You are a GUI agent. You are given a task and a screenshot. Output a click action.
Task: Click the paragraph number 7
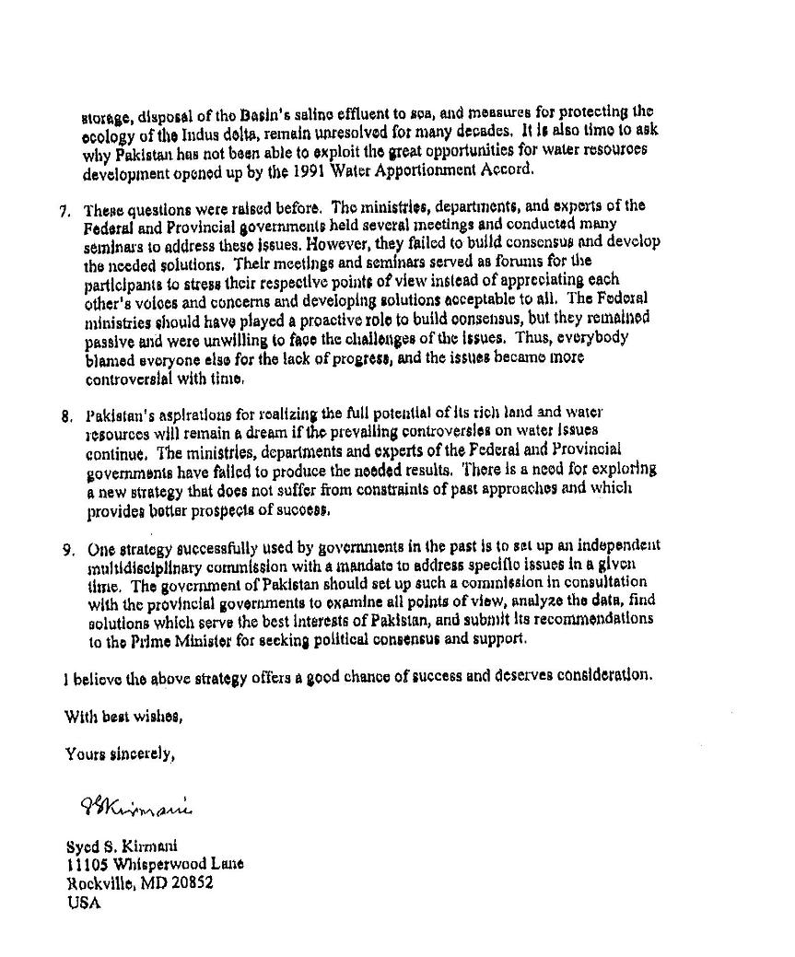click(x=64, y=210)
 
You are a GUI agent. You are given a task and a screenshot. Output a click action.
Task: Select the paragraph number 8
click(x=66, y=415)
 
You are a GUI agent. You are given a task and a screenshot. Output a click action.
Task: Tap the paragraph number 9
click(x=68, y=550)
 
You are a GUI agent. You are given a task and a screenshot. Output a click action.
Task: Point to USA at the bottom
click(x=81, y=904)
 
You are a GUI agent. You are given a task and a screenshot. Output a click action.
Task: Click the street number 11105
click(x=86, y=865)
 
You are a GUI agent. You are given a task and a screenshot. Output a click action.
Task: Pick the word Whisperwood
click(x=162, y=865)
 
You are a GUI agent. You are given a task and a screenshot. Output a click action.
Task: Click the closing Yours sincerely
click(x=119, y=754)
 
